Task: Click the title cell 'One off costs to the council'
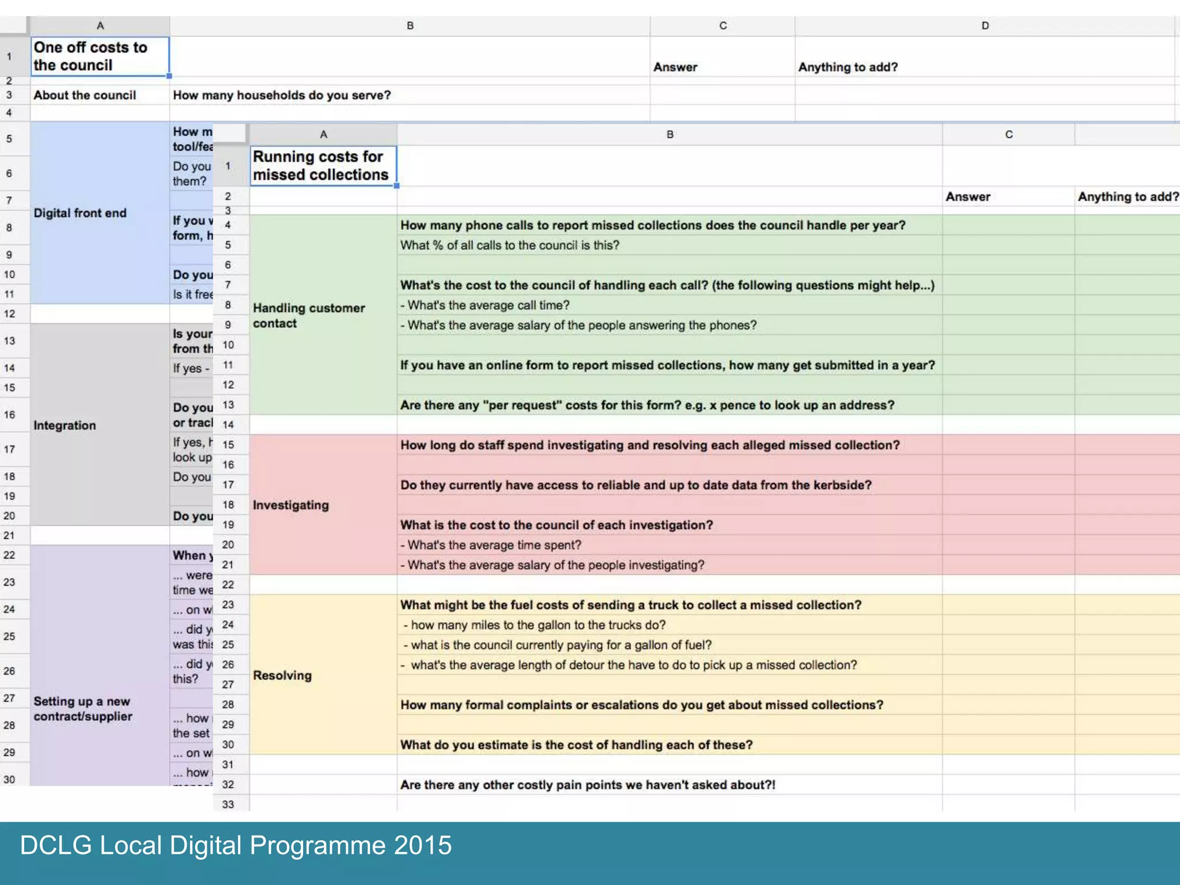[x=90, y=56]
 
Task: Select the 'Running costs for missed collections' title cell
[x=320, y=165]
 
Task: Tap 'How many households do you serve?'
[x=282, y=95]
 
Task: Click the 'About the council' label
[x=85, y=95]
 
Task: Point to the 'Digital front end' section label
[x=80, y=213]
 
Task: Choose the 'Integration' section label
[x=65, y=425]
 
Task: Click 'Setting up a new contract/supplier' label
[x=83, y=709]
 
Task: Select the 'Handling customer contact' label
[x=309, y=316]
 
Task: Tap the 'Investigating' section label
[x=291, y=505]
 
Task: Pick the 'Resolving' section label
[x=282, y=675]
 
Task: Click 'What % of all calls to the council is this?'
[x=509, y=245]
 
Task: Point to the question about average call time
[x=485, y=305]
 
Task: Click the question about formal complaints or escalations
[x=641, y=705]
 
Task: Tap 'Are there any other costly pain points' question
[x=588, y=785]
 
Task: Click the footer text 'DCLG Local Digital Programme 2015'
[x=236, y=845]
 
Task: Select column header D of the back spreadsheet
[x=985, y=26]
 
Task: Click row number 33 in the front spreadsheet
[x=228, y=804]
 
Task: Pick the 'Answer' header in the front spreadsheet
[x=968, y=197]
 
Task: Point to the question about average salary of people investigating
[x=552, y=565]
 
